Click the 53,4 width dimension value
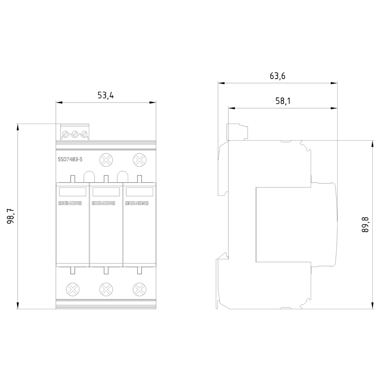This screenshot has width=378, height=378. [x=105, y=95]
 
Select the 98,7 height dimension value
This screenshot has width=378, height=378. [x=10, y=216]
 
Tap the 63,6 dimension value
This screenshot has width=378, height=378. [x=277, y=76]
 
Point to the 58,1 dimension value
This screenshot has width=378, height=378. [x=282, y=101]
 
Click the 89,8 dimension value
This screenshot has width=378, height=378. [x=365, y=225]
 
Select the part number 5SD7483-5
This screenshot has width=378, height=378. [x=70, y=160]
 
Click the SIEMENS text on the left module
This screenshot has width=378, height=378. [x=70, y=203]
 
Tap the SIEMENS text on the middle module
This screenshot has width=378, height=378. [x=103, y=203]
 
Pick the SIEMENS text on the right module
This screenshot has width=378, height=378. [x=136, y=203]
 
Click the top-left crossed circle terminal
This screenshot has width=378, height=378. [x=106, y=160]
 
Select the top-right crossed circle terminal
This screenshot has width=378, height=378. [x=139, y=160]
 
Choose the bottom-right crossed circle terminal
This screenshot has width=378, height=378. [x=139, y=289]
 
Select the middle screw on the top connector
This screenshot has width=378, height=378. [x=75, y=134]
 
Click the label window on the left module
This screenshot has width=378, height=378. [x=72, y=192]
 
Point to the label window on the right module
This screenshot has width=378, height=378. [x=139, y=192]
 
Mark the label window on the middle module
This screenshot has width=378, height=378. [x=106, y=192]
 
